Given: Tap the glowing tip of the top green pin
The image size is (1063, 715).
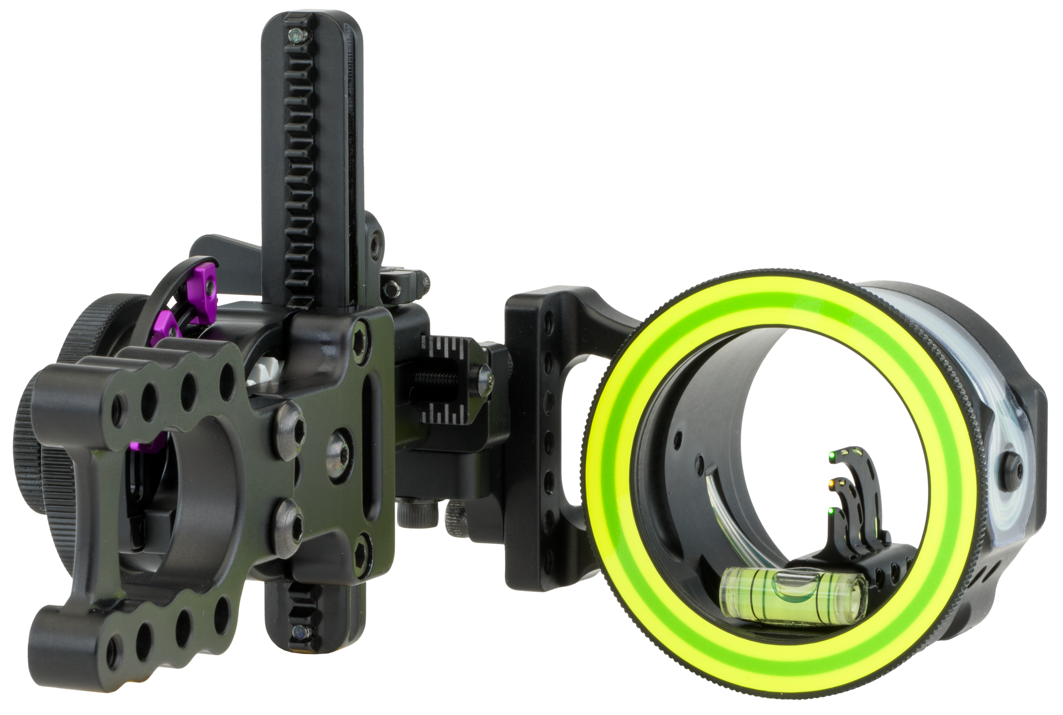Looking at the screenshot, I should tap(832, 456).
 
